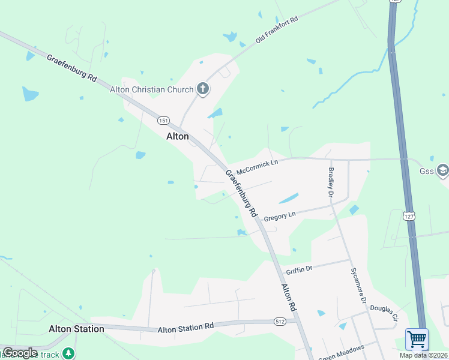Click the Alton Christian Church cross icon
[203, 89]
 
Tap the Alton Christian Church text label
[151, 89]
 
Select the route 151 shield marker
[163, 121]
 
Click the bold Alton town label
[177, 136]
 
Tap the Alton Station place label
[76, 329]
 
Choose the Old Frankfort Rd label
[277, 29]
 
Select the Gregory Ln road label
[280, 215]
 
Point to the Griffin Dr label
[300, 269]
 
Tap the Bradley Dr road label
[331, 182]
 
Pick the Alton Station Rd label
[185, 329]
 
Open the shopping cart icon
[417, 338]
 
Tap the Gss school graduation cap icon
[443, 171]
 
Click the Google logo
[20, 353]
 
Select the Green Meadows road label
[342, 353]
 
